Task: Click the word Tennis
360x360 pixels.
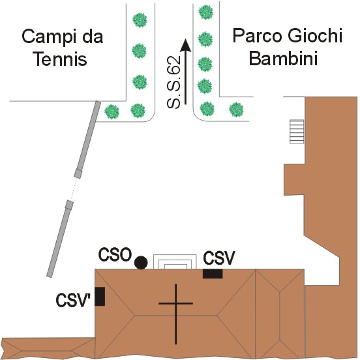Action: tap(60, 59)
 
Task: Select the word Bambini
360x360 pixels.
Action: tap(283, 57)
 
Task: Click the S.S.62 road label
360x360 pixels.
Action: tap(173, 82)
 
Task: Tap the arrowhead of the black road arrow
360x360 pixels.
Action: tap(185, 45)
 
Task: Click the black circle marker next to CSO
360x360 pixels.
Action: tap(141, 263)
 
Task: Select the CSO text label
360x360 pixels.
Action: tap(115, 254)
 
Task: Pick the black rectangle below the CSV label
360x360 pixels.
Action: tap(213, 274)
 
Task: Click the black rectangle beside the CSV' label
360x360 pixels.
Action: tap(100, 296)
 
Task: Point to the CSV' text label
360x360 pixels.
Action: tap(73, 300)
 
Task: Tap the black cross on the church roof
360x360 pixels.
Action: tap(176, 314)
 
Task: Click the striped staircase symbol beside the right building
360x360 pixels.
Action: tap(297, 132)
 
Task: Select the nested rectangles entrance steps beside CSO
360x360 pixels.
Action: tap(175, 262)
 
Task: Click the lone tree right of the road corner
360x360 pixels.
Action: tap(236, 110)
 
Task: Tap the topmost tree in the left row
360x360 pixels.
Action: tap(140, 20)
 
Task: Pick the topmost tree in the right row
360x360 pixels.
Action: tap(205, 12)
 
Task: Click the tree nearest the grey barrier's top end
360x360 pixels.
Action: tap(112, 112)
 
